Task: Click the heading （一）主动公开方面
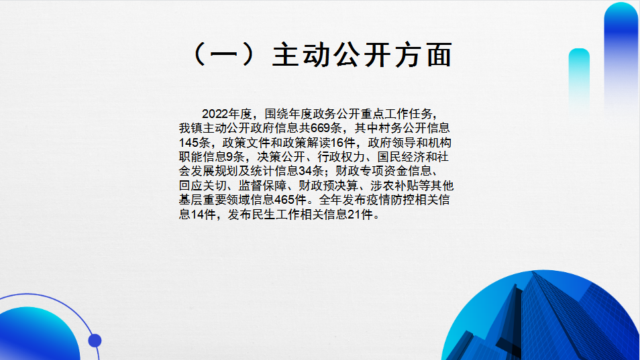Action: pos(321,55)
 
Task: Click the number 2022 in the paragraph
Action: pos(215,114)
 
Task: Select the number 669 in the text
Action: pos(320,128)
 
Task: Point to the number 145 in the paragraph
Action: pos(189,143)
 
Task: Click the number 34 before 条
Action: pos(305,171)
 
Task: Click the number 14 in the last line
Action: pos(197,215)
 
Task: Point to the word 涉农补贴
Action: pos(394,186)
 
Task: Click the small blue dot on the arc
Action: pos(95,341)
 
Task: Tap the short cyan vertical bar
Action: pos(579,78)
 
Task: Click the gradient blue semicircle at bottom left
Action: pos(39,335)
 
